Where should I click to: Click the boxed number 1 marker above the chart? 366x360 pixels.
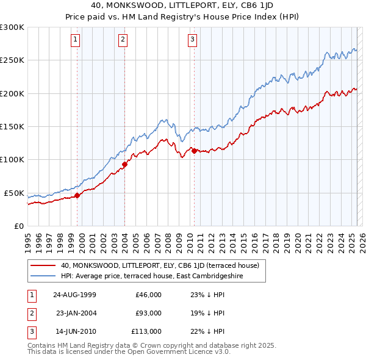[75, 40]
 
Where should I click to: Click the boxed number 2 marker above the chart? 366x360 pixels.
[123, 40]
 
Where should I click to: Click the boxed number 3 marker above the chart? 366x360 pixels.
[192, 40]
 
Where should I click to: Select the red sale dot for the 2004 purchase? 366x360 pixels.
[125, 164]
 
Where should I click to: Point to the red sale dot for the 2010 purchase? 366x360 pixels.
[194, 151]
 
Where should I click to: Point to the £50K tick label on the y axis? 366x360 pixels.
[14, 193]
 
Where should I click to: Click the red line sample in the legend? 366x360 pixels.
[43, 265]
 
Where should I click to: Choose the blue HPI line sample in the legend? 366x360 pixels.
[43, 276]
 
